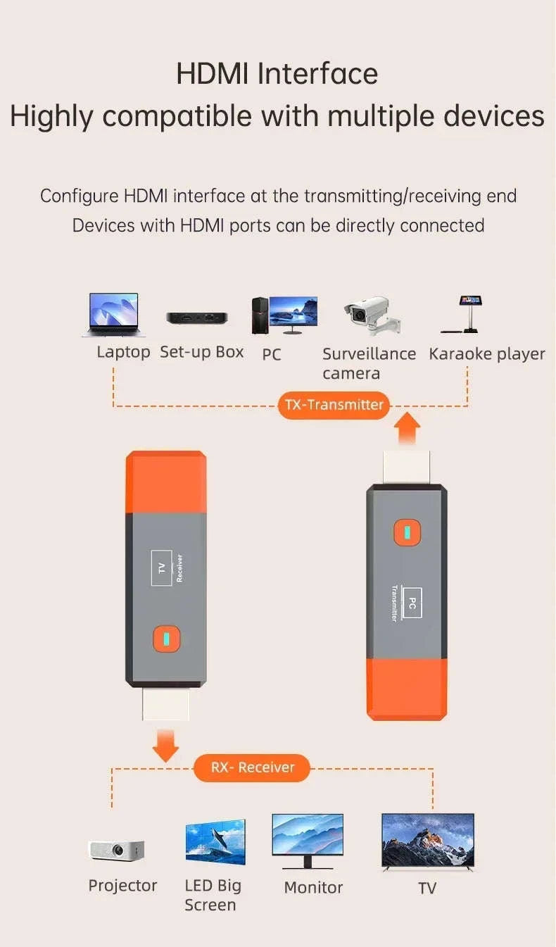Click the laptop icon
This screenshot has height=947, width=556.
[x=113, y=315]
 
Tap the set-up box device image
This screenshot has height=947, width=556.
[x=197, y=318]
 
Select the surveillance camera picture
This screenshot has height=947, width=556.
[x=371, y=315]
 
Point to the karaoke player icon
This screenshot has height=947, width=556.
[x=465, y=314]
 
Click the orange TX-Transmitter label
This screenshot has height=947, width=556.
[x=334, y=405]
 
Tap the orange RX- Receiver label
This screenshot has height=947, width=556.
[x=252, y=767]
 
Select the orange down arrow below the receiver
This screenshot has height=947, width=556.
[x=165, y=746]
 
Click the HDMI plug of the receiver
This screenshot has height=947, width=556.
[x=165, y=704]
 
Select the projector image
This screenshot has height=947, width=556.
[x=116, y=850]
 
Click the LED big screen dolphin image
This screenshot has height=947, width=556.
[x=215, y=841]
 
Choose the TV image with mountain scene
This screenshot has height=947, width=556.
[x=427, y=841]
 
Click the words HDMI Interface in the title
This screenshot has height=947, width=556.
[x=277, y=74]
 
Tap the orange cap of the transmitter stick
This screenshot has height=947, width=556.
[x=407, y=689]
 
